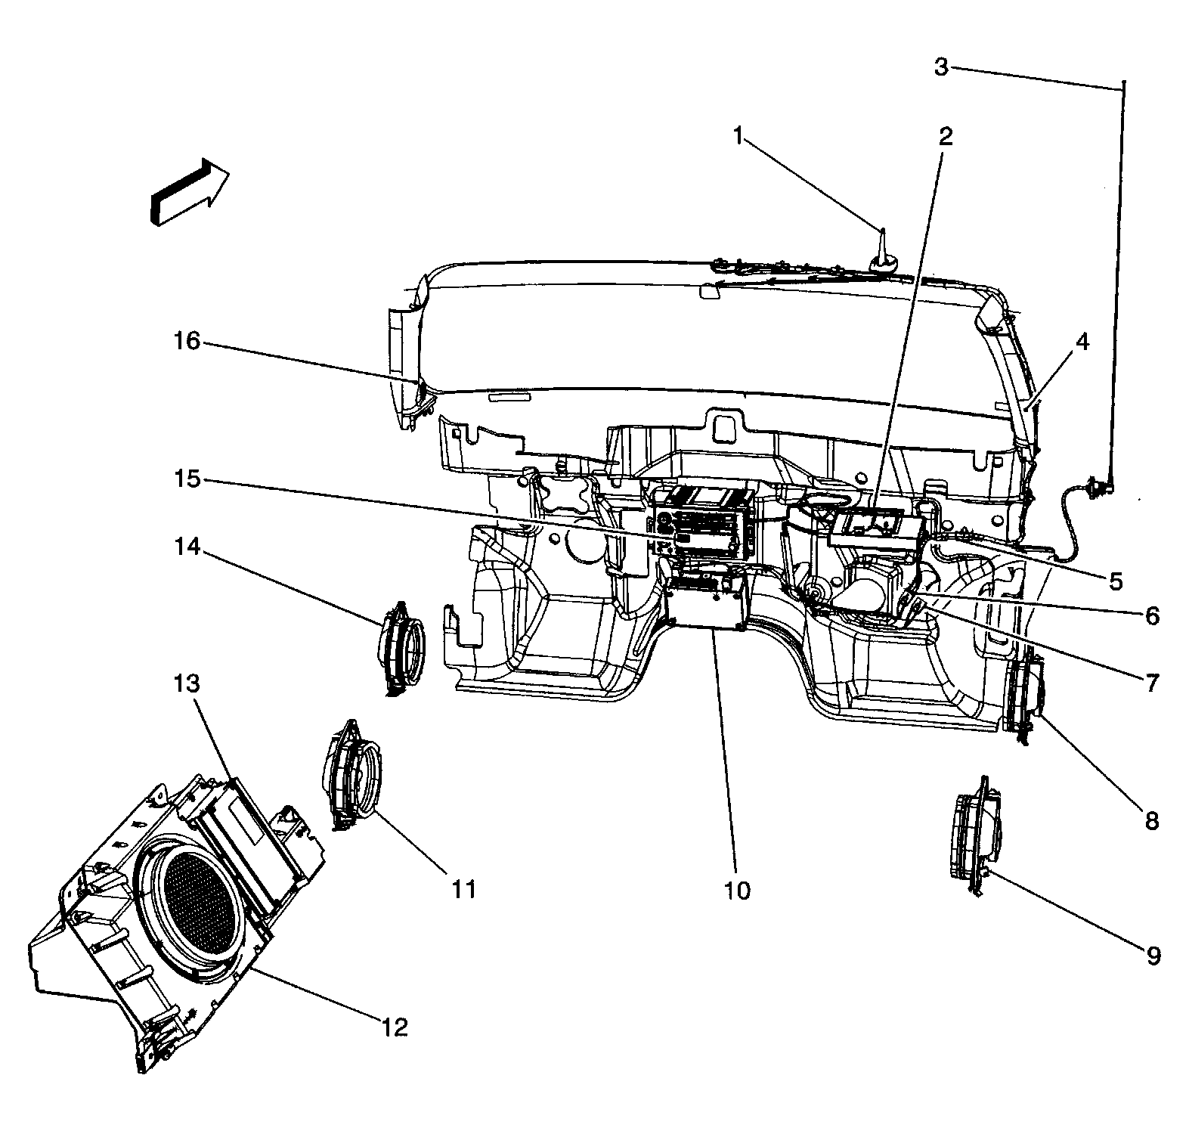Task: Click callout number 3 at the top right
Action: tap(940, 67)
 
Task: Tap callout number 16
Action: tap(186, 341)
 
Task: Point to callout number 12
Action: tap(394, 1027)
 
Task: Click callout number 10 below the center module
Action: tap(737, 890)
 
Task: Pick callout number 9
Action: tap(1153, 956)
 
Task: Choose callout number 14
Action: tap(187, 546)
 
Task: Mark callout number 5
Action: tap(1116, 581)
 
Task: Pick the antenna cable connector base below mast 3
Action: tap(1098, 488)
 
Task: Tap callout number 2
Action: tap(945, 136)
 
